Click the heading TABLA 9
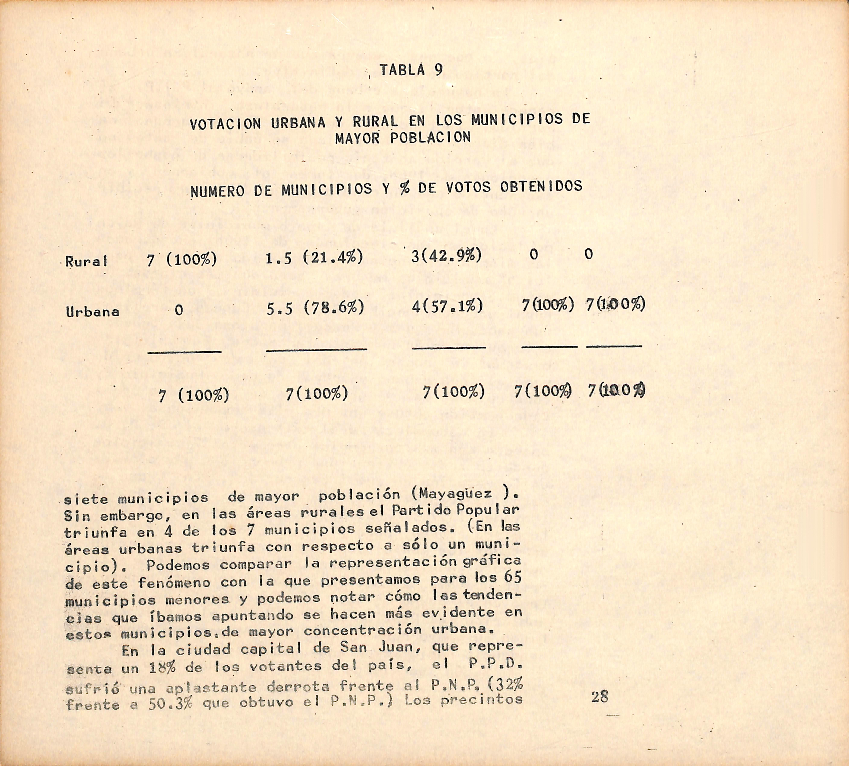411,70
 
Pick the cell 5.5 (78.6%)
315,309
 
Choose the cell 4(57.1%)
447,306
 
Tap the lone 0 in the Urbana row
179,311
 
